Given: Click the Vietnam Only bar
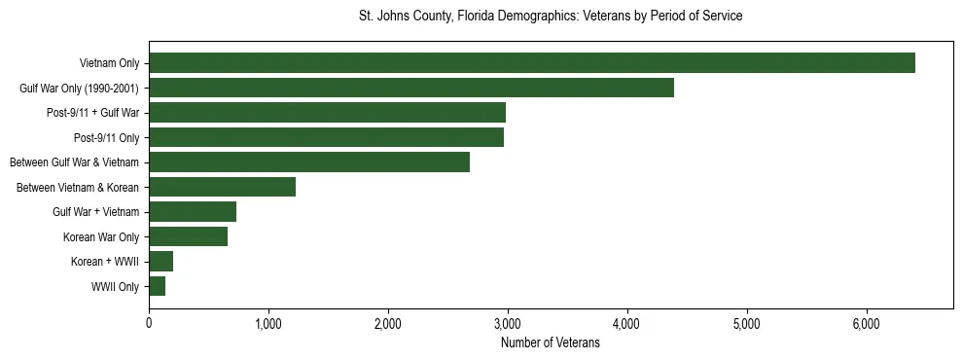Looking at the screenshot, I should click(x=532, y=63).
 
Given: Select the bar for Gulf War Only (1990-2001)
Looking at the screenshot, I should click(x=411, y=89).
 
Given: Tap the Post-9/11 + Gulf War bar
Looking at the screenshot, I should click(x=327, y=113).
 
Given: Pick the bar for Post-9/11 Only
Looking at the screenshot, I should click(x=326, y=137).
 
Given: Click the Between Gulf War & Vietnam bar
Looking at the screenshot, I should click(x=309, y=162).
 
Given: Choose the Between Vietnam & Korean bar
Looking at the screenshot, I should click(x=222, y=187).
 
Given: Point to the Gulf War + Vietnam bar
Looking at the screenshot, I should click(x=193, y=212).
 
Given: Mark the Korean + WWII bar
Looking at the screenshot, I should click(x=160, y=262).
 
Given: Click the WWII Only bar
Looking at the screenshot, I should click(x=157, y=286).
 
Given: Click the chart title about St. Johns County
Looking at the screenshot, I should click(x=551, y=17).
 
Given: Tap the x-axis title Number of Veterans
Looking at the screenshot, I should click(x=551, y=342).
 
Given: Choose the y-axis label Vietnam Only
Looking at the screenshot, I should click(x=109, y=64).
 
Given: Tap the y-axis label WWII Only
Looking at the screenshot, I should click(x=115, y=287).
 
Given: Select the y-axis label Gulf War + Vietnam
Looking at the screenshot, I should click(x=95, y=212).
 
